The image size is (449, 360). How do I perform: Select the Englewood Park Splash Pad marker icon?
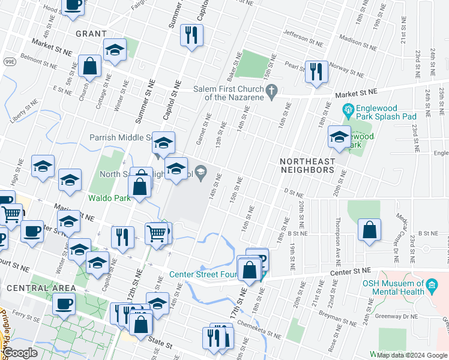click(347, 110)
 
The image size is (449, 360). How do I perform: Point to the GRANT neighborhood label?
click(91, 34)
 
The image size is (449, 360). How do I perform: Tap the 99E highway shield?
click(10, 61)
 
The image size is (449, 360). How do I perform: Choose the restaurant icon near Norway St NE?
click(315, 73)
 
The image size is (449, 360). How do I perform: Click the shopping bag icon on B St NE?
click(369, 230)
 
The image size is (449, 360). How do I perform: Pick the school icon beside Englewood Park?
click(339, 138)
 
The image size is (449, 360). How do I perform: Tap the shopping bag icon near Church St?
click(89, 67)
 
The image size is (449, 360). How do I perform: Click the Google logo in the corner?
click(20, 353)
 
